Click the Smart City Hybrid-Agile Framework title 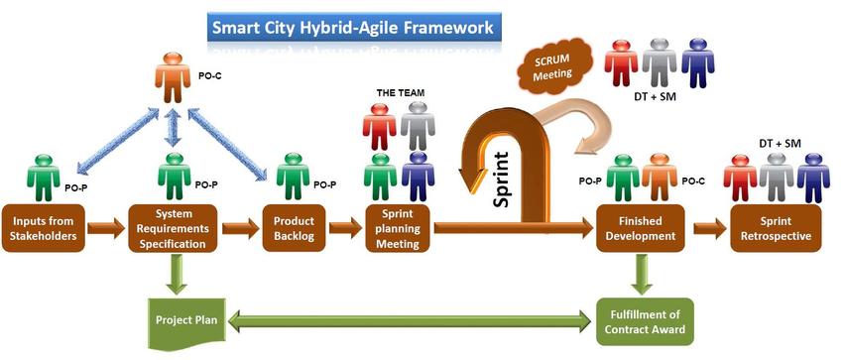coord(351,27)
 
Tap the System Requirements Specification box coord(175,229)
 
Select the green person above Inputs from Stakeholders coord(43,177)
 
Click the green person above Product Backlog coord(291,177)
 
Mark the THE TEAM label coord(400,93)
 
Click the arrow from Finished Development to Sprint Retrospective coord(709,229)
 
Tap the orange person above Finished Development coord(660,177)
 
